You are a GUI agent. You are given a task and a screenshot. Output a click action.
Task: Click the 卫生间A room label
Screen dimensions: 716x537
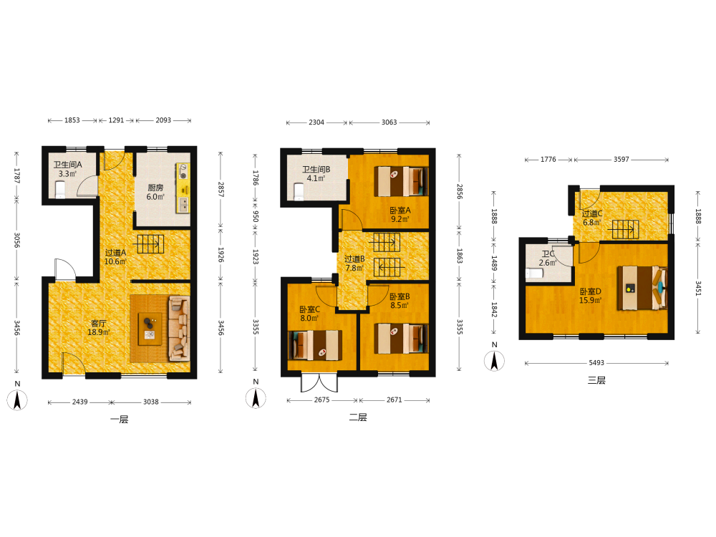67,165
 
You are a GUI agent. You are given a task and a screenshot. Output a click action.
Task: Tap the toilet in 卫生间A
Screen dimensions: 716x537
60,190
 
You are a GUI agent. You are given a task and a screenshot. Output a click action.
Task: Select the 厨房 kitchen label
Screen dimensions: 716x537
155,188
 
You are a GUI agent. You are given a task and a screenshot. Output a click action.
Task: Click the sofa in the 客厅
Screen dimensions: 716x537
179,329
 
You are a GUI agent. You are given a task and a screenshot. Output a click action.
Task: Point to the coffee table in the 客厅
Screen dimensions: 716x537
150,329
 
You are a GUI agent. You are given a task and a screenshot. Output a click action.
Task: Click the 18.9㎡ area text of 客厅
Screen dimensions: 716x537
99,332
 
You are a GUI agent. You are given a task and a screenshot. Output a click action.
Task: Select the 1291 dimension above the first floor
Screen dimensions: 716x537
117,120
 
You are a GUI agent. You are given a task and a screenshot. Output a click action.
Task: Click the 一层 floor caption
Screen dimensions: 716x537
119,419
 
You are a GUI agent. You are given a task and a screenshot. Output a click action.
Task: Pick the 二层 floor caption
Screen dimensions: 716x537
358,417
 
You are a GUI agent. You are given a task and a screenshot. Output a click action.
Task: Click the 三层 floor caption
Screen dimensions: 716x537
596,380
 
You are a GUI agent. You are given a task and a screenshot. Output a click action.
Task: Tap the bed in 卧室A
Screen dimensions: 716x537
402,181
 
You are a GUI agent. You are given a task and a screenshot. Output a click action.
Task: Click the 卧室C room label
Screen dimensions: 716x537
309,309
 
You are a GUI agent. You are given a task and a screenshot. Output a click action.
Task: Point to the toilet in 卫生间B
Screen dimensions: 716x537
299,192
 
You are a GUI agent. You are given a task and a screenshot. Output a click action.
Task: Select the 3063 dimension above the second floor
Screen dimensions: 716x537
389,122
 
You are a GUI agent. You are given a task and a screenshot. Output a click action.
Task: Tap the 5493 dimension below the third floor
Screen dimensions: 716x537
596,362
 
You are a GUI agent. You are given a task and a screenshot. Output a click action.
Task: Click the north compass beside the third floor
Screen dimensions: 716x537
494,361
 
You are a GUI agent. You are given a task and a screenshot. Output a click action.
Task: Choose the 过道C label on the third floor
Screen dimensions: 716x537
592,213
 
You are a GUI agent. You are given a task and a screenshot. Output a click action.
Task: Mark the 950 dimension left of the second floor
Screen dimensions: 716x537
256,216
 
